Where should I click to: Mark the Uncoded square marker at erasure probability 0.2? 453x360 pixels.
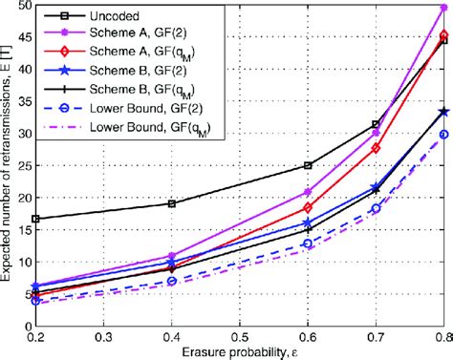[35, 219]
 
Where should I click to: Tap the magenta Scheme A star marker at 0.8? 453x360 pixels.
[442, 8]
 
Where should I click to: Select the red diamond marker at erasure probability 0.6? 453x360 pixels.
[308, 207]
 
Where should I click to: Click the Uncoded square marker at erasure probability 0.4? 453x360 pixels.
[171, 203]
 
